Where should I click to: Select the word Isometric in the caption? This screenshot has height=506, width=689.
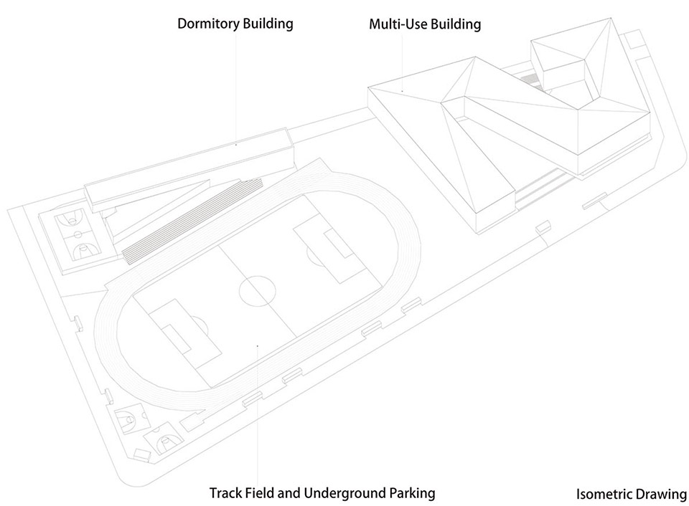602,494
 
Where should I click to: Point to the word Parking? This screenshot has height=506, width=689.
412,494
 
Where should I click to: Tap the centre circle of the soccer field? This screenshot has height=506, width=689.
258,291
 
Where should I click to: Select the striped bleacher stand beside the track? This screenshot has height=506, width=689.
192,221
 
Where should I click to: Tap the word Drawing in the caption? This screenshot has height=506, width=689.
659,495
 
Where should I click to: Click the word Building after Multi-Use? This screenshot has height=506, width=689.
456,24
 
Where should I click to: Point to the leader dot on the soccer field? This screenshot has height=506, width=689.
257,346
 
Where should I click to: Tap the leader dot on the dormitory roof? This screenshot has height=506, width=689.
236,144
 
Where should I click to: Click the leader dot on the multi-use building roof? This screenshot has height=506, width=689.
402,91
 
